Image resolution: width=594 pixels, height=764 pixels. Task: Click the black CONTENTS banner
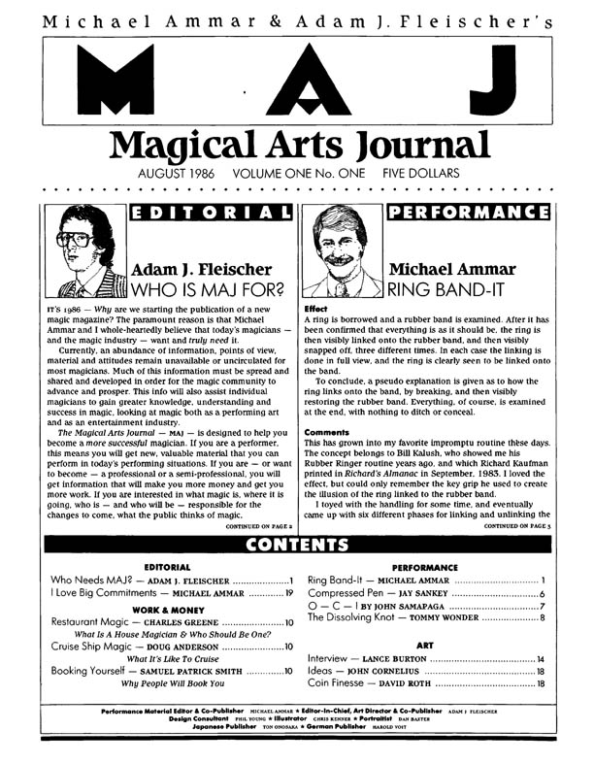pos(297,544)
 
